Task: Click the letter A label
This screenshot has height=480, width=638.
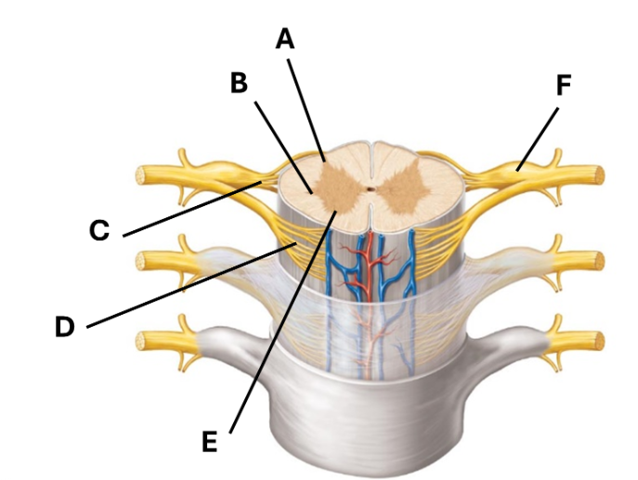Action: [285, 40]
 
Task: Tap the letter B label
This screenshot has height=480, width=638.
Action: [239, 83]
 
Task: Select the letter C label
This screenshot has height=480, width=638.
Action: [99, 230]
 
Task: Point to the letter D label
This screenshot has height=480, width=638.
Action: [65, 327]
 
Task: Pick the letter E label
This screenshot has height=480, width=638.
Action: [210, 442]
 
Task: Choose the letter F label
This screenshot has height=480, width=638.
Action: [564, 85]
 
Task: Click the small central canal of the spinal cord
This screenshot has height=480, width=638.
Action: [370, 188]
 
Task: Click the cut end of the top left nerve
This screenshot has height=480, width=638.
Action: [141, 175]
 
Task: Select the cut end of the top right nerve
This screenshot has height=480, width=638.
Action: [599, 175]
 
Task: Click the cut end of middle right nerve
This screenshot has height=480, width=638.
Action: [599, 261]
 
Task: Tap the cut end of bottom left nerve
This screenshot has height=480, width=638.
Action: [141, 341]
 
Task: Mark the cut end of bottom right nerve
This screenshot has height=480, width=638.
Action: [599, 341]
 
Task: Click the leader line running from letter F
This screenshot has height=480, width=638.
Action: [537, 139]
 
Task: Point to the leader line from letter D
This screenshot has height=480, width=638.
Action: [191, 285]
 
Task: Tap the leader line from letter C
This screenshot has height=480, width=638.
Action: [192, 209]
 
